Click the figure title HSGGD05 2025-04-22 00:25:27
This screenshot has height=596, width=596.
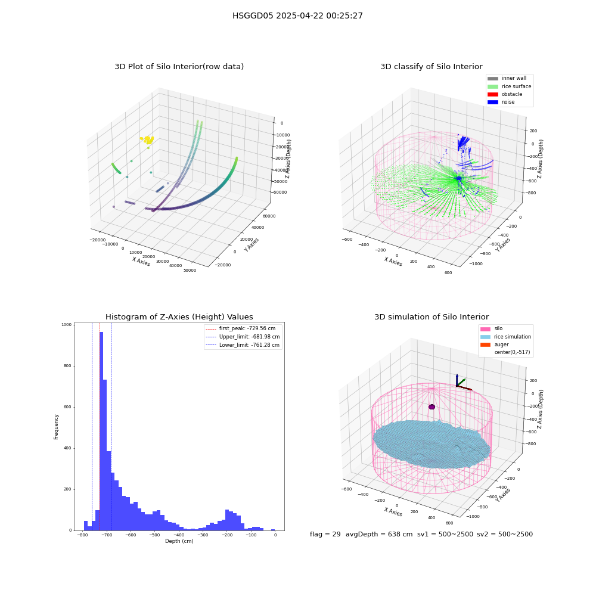pos(297,16)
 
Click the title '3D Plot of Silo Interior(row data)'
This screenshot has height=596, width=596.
pos(179,67)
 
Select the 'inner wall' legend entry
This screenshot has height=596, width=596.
pos(507,78)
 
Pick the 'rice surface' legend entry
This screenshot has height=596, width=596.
pos(510,86)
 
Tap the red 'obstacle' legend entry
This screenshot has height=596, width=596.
pos(505,94)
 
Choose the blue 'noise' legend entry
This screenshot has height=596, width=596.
pos(501,102)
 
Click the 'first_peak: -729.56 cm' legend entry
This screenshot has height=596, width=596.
pos(241,328)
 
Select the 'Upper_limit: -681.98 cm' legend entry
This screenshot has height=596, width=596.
pos(243,337)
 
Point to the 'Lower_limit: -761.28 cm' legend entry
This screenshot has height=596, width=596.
pos(243,345)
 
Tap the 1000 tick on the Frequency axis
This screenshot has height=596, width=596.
pos(67,325)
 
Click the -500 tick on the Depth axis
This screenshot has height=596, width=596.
pos(155,535)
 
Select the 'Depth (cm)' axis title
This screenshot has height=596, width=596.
pos(179,541)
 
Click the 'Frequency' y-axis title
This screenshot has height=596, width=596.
pos(56,427)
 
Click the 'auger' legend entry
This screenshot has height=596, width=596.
pos(495,344)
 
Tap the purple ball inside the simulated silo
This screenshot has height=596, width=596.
pos(432,406)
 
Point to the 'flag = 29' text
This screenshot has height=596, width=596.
pos(325,534)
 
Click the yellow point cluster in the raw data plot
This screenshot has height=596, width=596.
pos(147,140)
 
